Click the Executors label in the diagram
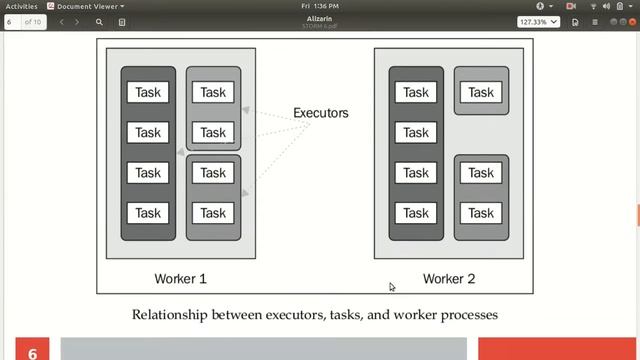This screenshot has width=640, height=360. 321,113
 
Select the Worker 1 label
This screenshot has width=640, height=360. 181,278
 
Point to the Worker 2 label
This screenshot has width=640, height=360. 449,278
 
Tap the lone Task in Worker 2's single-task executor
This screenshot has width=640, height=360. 481,92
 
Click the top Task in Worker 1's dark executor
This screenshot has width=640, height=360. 148,92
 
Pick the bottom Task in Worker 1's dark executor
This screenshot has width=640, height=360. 148,213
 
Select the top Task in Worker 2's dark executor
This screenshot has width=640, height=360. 416,92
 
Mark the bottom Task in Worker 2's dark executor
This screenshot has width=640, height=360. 416,213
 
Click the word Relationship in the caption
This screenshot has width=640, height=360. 166,315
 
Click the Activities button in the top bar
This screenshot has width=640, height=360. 21,6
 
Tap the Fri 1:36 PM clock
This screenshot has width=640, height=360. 320,6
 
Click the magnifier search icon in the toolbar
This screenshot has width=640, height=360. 99,21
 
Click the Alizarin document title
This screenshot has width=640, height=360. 320,18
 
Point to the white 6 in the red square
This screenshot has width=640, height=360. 32,352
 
